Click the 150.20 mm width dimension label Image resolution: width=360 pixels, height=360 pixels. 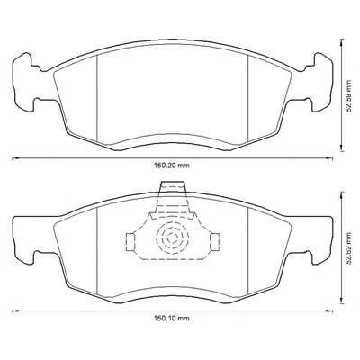172,166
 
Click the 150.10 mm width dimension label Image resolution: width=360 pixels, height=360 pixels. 172,318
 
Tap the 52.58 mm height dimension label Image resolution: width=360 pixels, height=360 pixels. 348,96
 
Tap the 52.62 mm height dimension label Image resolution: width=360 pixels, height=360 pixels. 348,248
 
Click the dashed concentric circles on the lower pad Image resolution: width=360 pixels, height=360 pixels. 172,238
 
